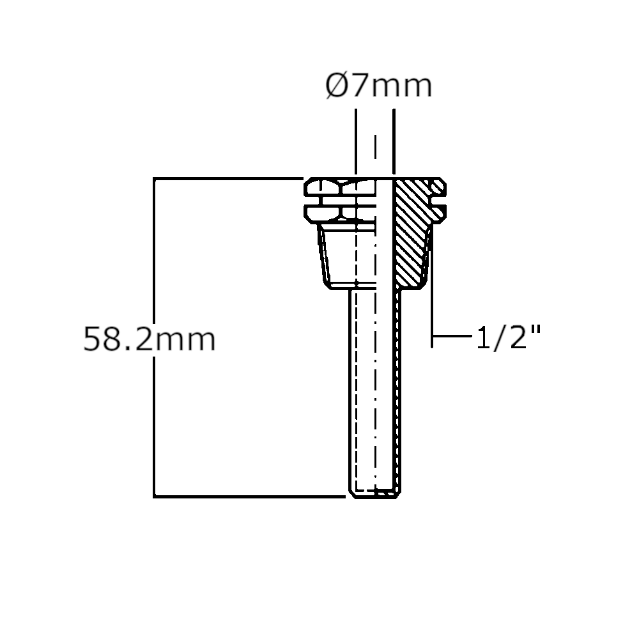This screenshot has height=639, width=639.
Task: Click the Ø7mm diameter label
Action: tap(378, 86)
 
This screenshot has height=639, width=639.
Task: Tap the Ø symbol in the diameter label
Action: tap(336, 86)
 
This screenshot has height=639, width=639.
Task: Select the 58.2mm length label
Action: tap(149, 339)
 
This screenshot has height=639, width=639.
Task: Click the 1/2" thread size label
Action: tap(508, 337)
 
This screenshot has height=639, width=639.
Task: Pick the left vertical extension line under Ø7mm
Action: tap(356, 142)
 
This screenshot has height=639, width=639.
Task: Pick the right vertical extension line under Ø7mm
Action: tap(394, 142)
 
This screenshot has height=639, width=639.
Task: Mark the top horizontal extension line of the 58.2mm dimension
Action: tap(228, 178)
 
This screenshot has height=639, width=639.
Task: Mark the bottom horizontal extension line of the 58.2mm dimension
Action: tap(249, 497)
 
